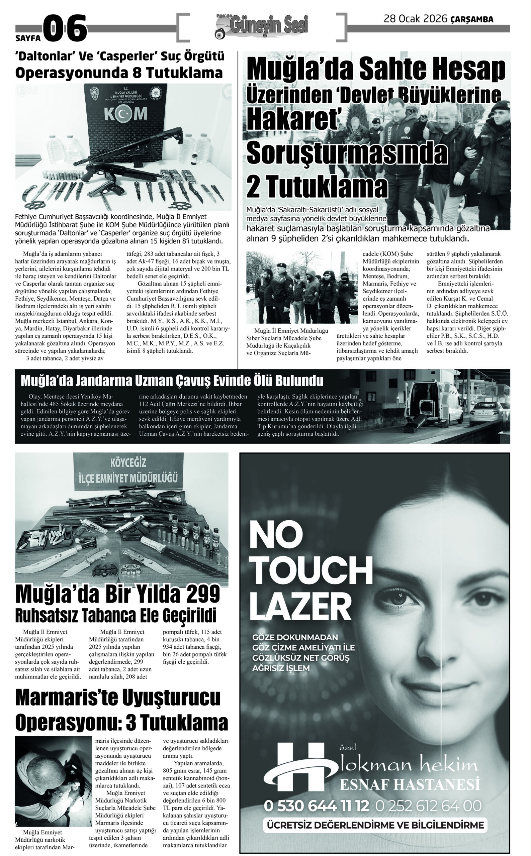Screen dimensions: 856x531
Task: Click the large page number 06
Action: (x=65, y=28)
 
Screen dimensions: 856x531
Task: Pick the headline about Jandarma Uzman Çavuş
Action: (x=172, y=381)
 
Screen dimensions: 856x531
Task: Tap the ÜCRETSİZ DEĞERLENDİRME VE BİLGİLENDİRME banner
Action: (x=375, y=825)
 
